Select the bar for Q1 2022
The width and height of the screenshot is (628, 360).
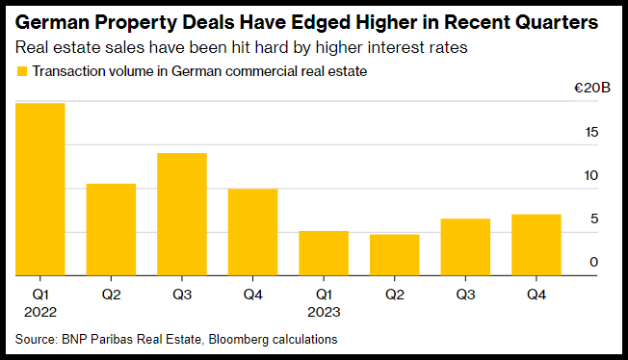point(40,190)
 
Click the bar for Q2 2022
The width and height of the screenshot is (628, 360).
point(111,229)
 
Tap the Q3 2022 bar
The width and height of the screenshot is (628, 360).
point(182,215)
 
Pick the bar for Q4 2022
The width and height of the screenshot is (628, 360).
point(252,232)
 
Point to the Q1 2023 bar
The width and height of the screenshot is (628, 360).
point(324,253)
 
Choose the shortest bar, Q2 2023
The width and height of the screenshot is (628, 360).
point(395,255)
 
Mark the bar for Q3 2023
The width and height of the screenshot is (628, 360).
point(465,247)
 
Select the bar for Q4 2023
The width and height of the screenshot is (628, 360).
point(536,245)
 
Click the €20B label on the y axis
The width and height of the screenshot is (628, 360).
point(592,88)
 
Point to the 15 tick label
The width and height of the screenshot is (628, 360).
point(591,132)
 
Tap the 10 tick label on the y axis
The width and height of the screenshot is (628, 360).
point(591,175)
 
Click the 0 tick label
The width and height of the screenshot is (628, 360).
point(594,262)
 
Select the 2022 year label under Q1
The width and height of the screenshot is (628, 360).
point(40,312)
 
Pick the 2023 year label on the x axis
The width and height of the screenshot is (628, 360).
point(324,312)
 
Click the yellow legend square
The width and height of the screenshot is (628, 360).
point(22,71)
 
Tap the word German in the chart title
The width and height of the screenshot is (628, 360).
point(52,22)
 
